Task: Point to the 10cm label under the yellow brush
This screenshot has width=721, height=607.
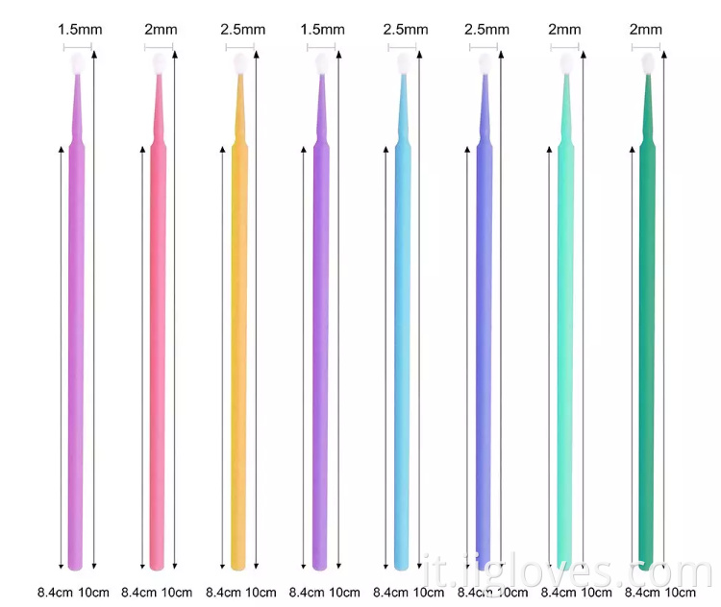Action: tap(259, 592)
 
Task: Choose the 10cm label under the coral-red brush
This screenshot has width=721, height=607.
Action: tap(177, 592)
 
